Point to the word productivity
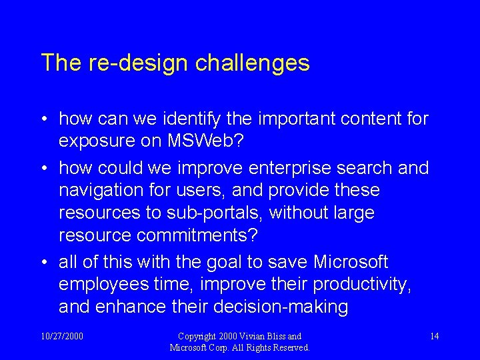click(x=362, y=285)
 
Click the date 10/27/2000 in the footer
click(x=62, y=336)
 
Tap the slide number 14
click(x=434, y=336)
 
